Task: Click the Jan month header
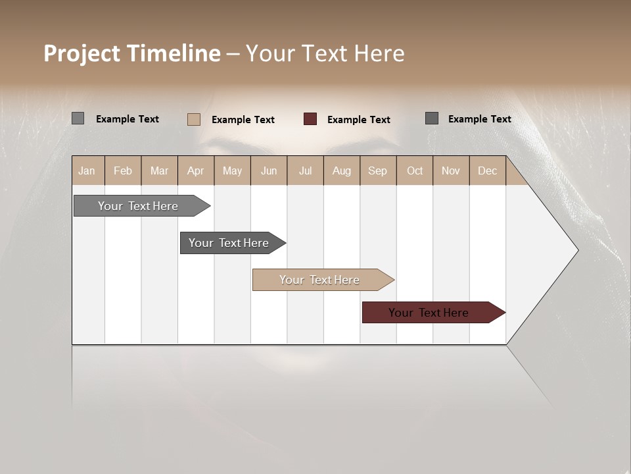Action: pos(87,171)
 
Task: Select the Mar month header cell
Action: pos(159,171)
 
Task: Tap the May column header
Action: pos(232,171)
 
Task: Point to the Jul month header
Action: pos(305,171)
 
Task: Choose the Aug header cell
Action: pos(341,171)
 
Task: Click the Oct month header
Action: pos(415,171)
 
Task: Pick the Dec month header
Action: pos(487,171)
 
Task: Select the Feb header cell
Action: pos(123,171)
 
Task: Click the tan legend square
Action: pos(194,119)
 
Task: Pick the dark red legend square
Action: pos(310,119)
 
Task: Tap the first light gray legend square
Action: pos(78,118)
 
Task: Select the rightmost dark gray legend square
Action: pos(432,118)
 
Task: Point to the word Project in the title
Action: pos(82,53)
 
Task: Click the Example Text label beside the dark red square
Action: pos(358,120)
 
